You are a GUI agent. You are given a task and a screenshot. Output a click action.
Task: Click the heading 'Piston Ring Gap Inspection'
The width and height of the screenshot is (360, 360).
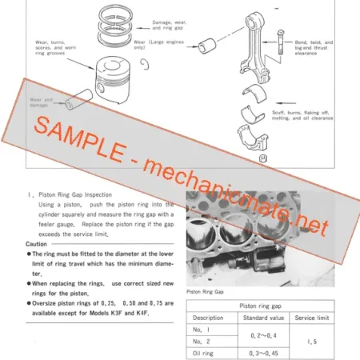[76, 194]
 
